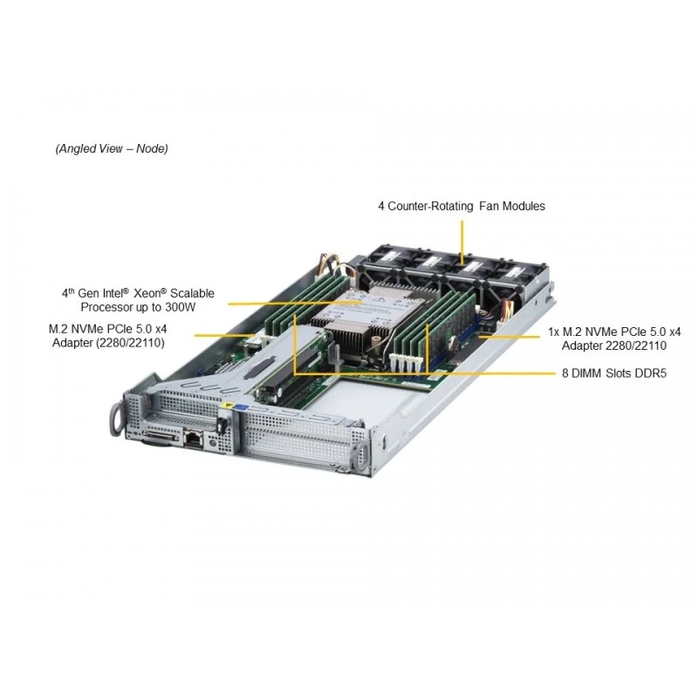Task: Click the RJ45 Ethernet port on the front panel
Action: tap(193, 438)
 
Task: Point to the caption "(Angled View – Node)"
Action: tap(112, 148)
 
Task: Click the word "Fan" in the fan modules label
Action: tap(489, 206)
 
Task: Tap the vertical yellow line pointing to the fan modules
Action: tap(462, 243)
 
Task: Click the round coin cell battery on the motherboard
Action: tap(453, 342)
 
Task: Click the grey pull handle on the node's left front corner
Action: tap(117, 419)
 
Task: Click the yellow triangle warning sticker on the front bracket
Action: tap(229, 406)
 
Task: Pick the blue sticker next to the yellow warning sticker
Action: tap(243, 407)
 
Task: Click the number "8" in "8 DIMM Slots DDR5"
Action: tap(565, 373)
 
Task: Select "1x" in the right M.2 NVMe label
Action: tap(554, 332)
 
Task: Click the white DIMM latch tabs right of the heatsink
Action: tap(405, 363)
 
